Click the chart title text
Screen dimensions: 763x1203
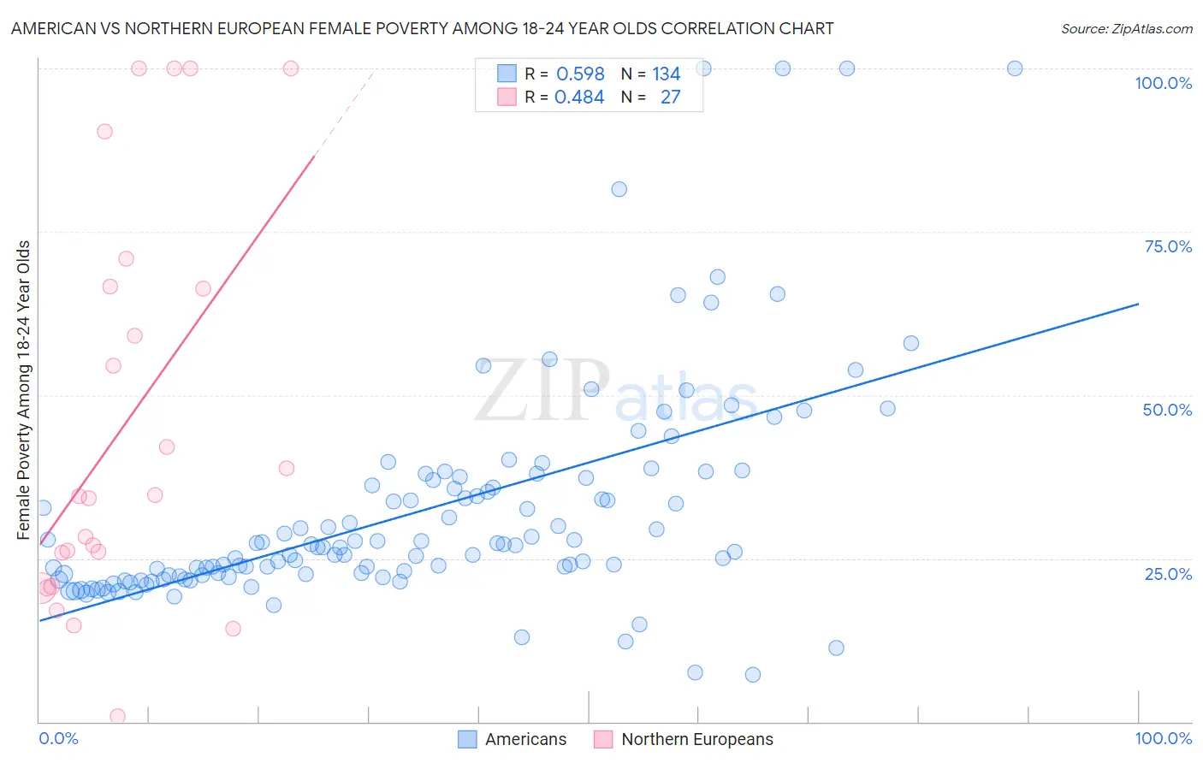pyautogui.click(x=422, y=28)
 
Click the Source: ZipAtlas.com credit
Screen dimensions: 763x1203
pyautogui.click(x=1126, y=28)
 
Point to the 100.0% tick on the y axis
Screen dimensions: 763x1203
pyautogui.click(x=1163, y=83)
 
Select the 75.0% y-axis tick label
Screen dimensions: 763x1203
pyautogui.click(x=1168, y=246)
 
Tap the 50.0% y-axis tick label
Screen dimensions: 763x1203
pyautogui.click(x=1167, y=410)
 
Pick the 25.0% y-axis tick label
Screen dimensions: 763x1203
pyautogui.click(x=1168, y=573)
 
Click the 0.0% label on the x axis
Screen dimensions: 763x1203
pyautogui.click(x=58, y=738)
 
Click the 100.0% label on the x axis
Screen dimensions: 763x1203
pyautogui.click(x=1163, y=738)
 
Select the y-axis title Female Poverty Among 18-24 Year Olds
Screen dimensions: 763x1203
pyautogui.click(x=24, y=390)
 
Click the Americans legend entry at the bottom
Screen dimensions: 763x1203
pyautogui.click(x=525, y=739)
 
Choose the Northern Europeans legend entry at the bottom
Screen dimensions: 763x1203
pyautogui.click(x=696, y=739)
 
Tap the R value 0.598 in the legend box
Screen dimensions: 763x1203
pyautogui.click(x=580, y=74)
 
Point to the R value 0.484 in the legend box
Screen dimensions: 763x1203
pyautogui.click(x=579, y=98)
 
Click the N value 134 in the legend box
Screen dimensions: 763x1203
pyautogui.click(x=666, y=74)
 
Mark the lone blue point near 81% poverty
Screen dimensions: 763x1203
pyautogui.click(x=619, y=189)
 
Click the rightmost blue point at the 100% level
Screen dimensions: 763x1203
pyautogui.click(x=1015, y=68)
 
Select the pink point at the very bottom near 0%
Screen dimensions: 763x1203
pyautogui.click(x=118, y=716)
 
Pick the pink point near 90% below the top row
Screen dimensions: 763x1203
pyautogui.click(x=104, y=131)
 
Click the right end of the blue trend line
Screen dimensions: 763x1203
pyautogui.click(x=1138, y=304)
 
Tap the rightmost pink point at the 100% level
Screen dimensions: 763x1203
pyautogui.click(x=291, y=68)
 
